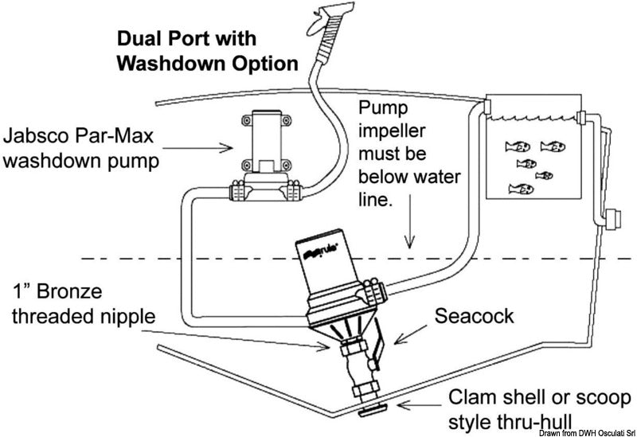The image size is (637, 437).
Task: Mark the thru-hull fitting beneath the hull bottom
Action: click(x=369, y=412)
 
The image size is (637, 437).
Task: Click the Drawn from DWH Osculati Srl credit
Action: click(x=584, y=431)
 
